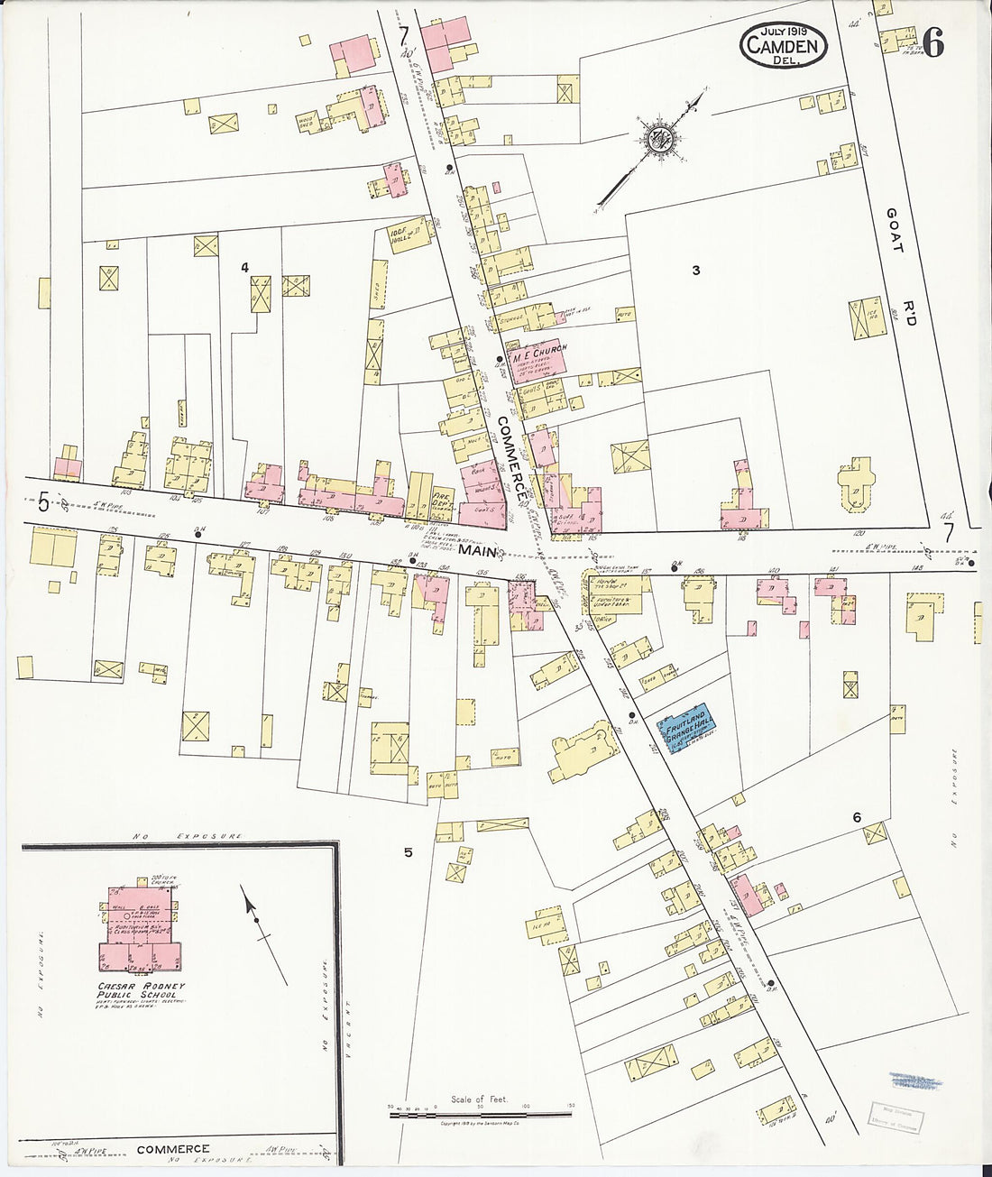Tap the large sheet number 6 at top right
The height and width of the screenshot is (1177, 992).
click(x=933, y=43)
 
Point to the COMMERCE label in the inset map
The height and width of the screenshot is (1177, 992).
click(x=173, y=1150)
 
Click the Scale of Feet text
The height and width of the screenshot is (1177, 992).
click(x=480, y=1099)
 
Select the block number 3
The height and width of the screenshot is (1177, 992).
click(x=695, y=270)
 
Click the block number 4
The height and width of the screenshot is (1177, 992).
click(x=243, y=267)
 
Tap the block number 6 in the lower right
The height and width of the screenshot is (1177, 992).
click(x=856, y=818)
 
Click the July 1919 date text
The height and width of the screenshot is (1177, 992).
click(x=784, y=31)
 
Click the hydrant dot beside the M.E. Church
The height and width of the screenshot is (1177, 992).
click(x=499, y=359)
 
